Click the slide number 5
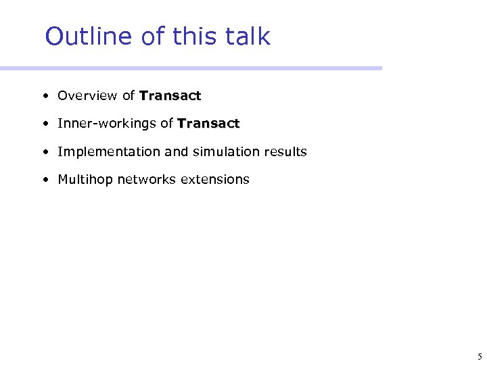pos(479,357)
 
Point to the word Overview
pos(87,96)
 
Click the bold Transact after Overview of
pos(170,96)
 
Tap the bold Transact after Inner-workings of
pos(208,124)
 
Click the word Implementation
pos(109,152)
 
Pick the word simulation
pos(225,152)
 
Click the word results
pos(284,152)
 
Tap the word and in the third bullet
pos(177,152)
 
